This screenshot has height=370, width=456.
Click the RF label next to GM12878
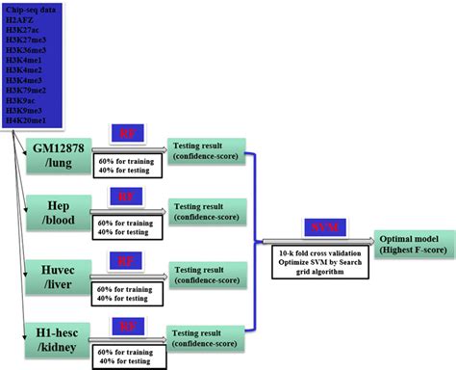click(x=126, y=134)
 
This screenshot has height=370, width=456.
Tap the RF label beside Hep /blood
click(x=126, y=198)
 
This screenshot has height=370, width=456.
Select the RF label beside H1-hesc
click(x=126, y=325)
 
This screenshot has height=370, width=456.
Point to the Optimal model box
click(x=414, y=240)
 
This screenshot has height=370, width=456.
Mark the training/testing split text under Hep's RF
click(x=124, y=227)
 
